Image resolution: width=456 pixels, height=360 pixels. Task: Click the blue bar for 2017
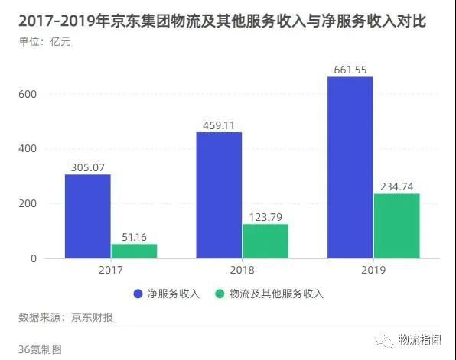pyautogui.click(x=87, y=216)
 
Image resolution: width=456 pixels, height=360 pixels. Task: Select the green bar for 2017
pyautogui.click(x=134, y=251)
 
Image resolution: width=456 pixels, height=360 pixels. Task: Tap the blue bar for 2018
pyautogui.click(x=219, y=195)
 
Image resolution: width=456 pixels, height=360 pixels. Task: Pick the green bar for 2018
pyautogui.click(x=265, y=241)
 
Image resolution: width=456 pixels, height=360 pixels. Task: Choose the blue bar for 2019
pyautogui.click(x=350, y=167)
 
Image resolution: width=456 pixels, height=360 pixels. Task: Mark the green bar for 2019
pyautogui.click(x=397, y=225)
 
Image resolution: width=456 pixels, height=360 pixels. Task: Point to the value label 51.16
pyautogui.click(x=134, y=237)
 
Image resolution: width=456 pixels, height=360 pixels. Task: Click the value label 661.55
pyautogui.click(x=350, y=70)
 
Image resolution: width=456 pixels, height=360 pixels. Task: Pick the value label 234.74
pyautogui.click(x=397, y=186)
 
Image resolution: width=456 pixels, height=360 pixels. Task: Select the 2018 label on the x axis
pyautogui.click(x=242, y=271)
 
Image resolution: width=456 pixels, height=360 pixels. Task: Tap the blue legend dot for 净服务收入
pyautogui.click(x=139, y=294)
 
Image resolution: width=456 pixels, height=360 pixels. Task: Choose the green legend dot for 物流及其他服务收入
pyautogui.click(x=220, y=294)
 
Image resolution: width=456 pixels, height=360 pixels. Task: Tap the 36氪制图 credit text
pyautogui.click(x=41, y=349)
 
